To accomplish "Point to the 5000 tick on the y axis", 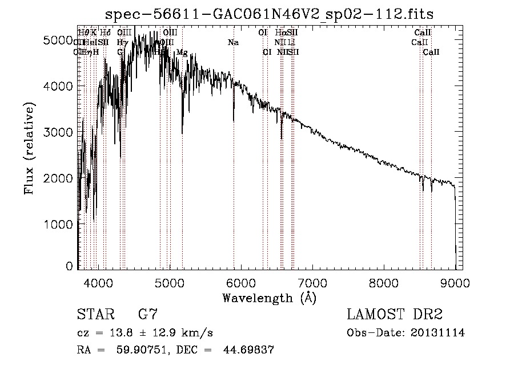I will point(59,40).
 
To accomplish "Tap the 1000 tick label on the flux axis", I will point(59,224).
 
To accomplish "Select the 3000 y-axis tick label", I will point(59,132).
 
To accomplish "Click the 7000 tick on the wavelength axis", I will point(312,281).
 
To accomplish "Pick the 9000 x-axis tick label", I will point(455,281).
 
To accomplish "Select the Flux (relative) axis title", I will point(29,149).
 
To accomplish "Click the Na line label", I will point(233,43).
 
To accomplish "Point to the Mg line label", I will point(182,52).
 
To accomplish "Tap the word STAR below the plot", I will point(94,315).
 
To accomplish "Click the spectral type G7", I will point(148,315).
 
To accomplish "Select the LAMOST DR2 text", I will point(395,315).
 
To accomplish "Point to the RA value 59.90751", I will point(142,350).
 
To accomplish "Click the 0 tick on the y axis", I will point(69,266).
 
